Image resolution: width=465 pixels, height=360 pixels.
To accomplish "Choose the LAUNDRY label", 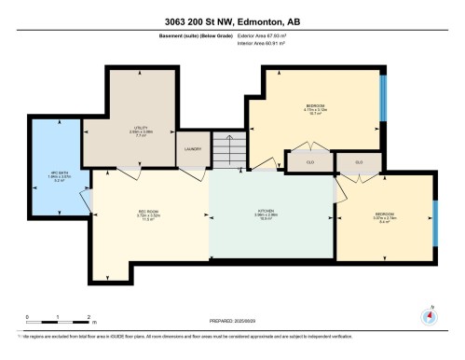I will coord(193,148).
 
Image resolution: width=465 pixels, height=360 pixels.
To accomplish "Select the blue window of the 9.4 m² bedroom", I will coord(435,219).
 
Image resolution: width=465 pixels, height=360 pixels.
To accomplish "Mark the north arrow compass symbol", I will coord(429,314).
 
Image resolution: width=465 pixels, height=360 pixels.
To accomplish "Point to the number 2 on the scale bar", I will coord(89,317).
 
